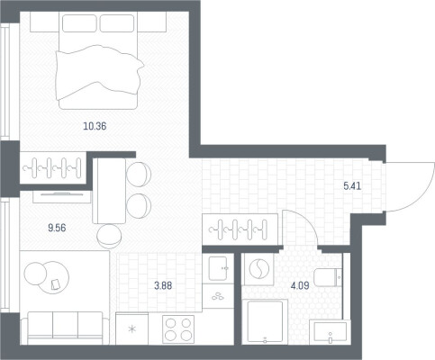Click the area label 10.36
click(x=95, y=126)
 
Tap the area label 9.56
click(x=57, y=228)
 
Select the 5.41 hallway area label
click(x=352, y=186)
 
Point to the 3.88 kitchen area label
click(x=163, y=285)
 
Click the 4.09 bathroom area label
click(x=300, y=285)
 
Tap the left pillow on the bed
click(x=79, y=23)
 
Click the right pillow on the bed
click(x=117, y=23)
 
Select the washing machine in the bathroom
click(x=258, y=269)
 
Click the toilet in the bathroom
click(x=328, y=277)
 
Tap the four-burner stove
click(x=178, y=328)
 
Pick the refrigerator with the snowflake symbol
click(x=131, y=328)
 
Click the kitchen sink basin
click(x=218, y=268)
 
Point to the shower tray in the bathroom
click(x=265, y=321)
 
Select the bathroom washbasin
click(x=330, y=332)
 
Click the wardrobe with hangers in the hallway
click(x=240, y=229)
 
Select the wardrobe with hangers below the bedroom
click(x=53, y=168)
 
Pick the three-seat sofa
click(x=65, y=328)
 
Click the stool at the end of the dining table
click(x=110, y=236)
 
